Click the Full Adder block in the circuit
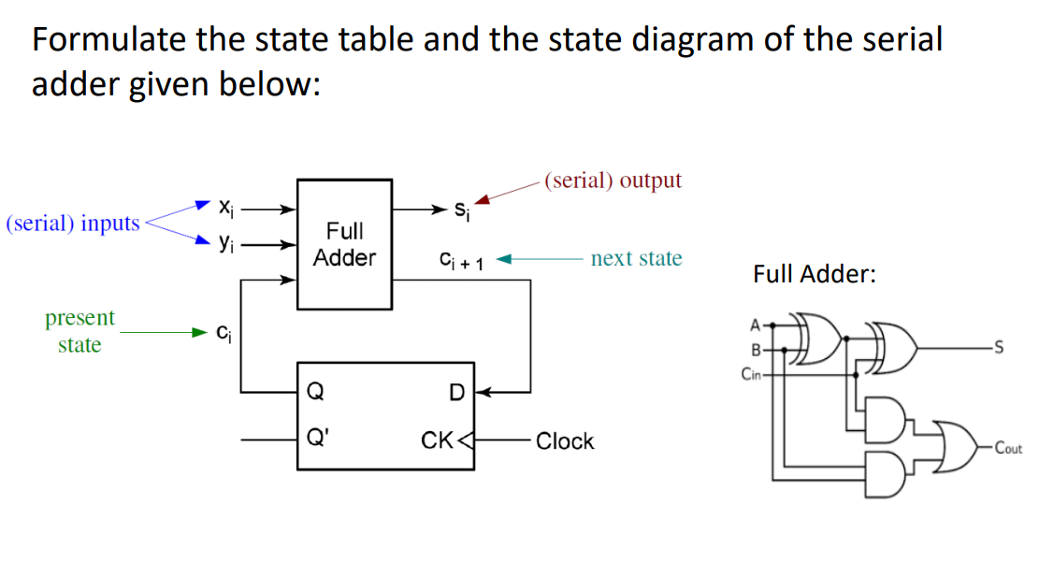[x=344, y=244]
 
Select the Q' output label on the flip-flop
[x=318, y=440]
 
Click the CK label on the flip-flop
[x=437, y=440]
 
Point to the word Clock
[x=565, y=440]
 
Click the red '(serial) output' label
[x=613, y=180]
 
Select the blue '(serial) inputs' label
[x=73, y=224]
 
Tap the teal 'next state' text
[x=636, y=258]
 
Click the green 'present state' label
[x=79, y=331]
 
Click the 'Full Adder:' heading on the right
[x=814, y=274]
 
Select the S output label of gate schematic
[x=1001, y=350]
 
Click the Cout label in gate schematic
[x=1007, y=448]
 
